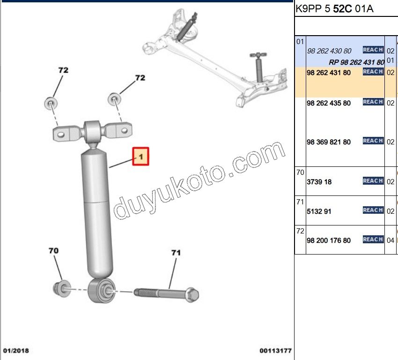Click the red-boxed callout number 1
click(140, 156)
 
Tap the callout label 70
click(53, 251)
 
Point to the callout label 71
click(176, 253)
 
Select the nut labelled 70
click(62, 289)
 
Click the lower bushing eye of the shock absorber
click(102, 291)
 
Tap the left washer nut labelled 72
click(51, 104)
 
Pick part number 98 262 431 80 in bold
click(328, 73)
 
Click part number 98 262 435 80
click(328, 103)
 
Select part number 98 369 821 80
click(328, 142)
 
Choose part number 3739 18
click(319, 182)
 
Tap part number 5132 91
click(319, 211)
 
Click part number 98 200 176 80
click(328, 240)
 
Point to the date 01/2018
click(16, 351)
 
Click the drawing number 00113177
click(275, 351)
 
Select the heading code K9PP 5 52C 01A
click(334, 9)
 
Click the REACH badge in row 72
click(373, 240)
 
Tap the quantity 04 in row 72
click(391, 240)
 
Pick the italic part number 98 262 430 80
click(329, 51)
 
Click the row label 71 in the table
click(300, 202)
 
